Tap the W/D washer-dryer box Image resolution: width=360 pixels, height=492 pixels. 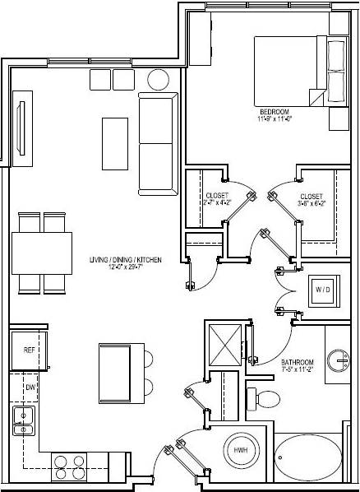click(x=320, y=289)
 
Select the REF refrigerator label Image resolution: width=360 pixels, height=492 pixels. click(x=29, y=350)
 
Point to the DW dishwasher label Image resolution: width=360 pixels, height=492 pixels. click(x=29, y=386)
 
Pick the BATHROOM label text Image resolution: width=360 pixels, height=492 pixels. click(x=296, y=362)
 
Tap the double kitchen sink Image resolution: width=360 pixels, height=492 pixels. click(x=24, y=420)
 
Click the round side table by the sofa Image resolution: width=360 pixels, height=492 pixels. click(x=158, y=81)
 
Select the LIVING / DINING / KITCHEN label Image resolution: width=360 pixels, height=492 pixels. click(x=126, y=260)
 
